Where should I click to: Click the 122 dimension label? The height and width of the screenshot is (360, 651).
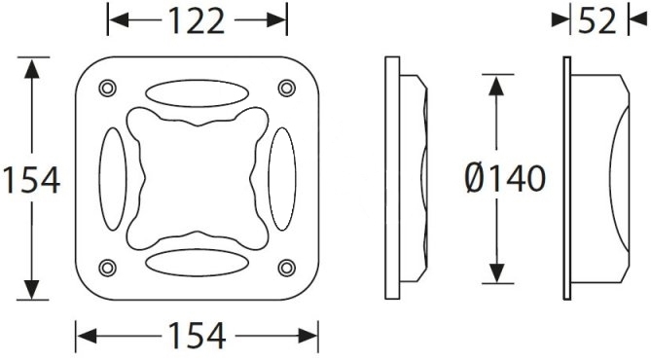197,21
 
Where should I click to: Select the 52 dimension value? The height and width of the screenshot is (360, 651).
597,21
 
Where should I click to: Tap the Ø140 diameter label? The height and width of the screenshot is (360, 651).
505,179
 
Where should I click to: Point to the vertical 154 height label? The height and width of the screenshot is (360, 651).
31,180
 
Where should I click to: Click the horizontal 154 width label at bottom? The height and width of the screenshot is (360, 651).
197,335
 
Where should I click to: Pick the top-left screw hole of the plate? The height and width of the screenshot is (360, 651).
108,88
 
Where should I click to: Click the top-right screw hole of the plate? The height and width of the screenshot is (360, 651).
286,88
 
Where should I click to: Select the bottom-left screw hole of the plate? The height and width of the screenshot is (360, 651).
108,268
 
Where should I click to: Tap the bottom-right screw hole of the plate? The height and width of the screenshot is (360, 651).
286,268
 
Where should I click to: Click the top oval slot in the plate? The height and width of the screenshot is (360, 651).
197,93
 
